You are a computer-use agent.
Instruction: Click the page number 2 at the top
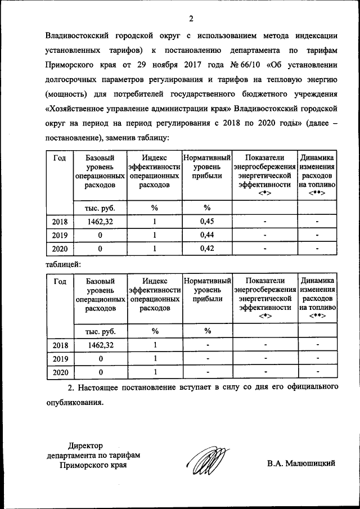[191, 19]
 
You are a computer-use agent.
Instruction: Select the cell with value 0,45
[207, 222]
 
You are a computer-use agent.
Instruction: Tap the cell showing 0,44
[207, 235]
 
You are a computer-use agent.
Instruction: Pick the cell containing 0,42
[207, 249]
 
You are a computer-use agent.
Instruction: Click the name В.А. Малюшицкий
[301, 463]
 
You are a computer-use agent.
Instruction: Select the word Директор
[85, 445]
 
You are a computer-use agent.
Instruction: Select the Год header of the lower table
[59, 281]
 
